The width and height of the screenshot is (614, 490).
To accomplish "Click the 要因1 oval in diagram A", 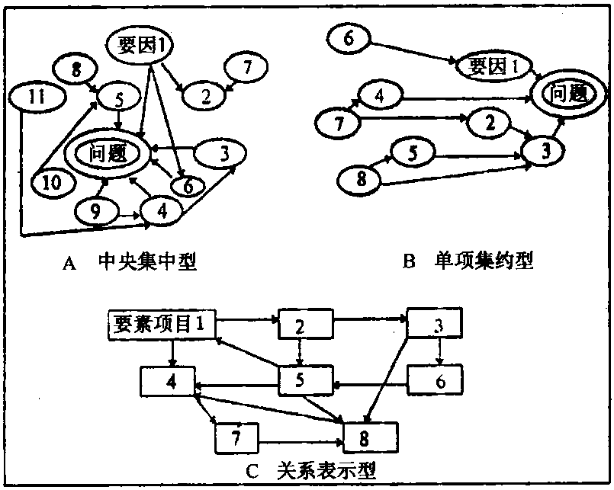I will pyautogui.click(x=142, y=46).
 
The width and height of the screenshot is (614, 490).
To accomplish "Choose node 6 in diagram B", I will pyautogui.click(x=349, y=36).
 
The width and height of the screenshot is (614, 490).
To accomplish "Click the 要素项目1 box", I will pyautogui.click(x=158, y=323).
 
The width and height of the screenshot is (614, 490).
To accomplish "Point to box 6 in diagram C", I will pyautogui.click(x=436, y=380).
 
